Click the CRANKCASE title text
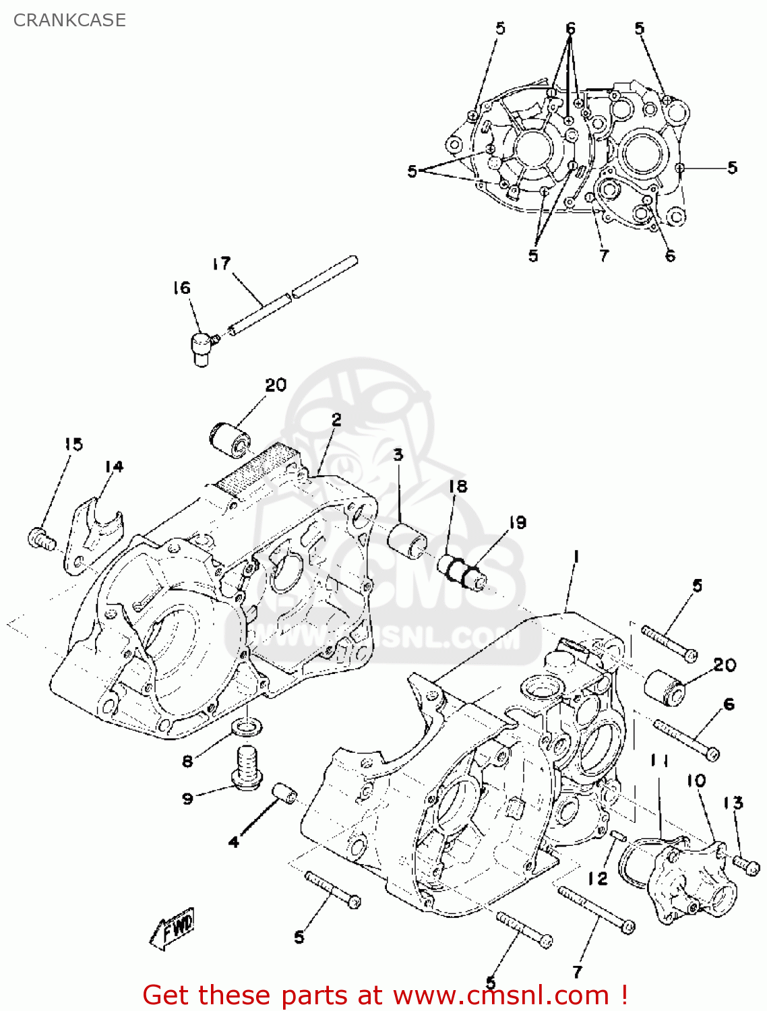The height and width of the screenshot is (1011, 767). tap(69, 20)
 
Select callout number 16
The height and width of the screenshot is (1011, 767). tap(181, 288)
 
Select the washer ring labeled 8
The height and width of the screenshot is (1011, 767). tap(246, 727)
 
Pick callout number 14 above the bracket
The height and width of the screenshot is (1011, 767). tap(114, 466)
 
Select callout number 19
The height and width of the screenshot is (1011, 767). tap(518, 522)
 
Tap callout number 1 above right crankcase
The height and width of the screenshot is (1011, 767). tap(576, 557)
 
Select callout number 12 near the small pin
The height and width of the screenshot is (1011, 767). tap(597, 879)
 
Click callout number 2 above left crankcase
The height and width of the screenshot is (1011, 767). tap(336, 419)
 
